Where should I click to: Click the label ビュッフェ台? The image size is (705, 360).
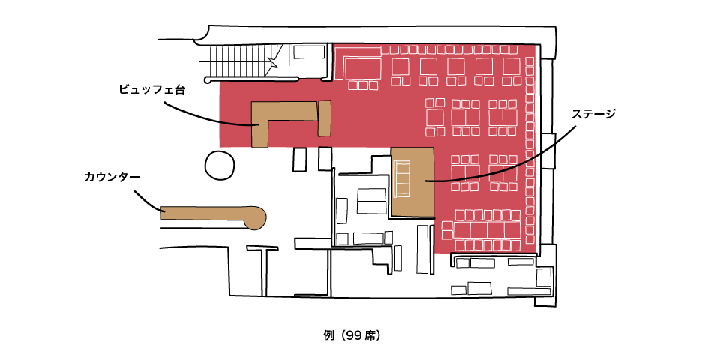point(151,89)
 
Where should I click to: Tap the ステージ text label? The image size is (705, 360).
point(593,114)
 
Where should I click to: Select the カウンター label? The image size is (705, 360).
point(112,177)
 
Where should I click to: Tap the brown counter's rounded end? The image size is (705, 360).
point(256,217)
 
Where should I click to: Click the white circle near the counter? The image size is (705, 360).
point(220,166)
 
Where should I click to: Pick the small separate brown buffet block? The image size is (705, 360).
point(325,118)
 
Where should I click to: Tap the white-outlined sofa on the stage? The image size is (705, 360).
point(401,179)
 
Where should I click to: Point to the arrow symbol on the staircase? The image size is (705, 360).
point(273,62)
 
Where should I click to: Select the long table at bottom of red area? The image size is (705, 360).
point(487,229)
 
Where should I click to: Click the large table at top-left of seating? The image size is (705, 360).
point(363,68)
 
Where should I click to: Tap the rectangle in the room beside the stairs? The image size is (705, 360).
point(309,52)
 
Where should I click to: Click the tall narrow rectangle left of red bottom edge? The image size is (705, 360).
point(423,249)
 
